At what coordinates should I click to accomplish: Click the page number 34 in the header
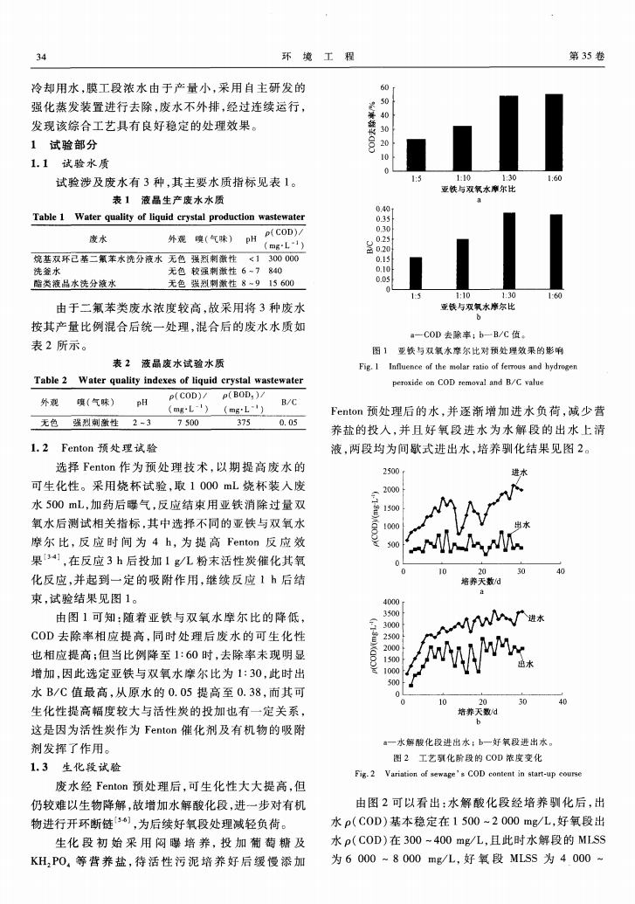coord(39,57)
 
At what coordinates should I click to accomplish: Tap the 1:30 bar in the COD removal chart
coord(508,134)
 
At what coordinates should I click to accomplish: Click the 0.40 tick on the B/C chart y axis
coord(380,210)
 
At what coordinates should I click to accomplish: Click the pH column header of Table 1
coord(252,238)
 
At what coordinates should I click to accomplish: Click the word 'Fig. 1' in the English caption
coord(369,367)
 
